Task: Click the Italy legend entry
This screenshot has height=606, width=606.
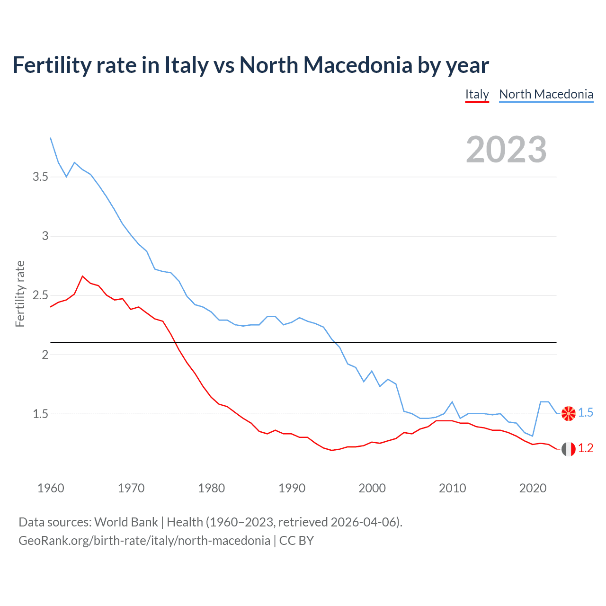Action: click(x=477, y=94)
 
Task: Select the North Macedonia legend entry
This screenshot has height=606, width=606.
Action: click(x=546, y=94)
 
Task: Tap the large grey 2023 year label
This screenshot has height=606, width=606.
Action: click(x=506, y=150)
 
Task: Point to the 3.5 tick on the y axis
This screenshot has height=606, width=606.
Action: click(x=40, y=177)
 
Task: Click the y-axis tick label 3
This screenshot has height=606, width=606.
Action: click(x=45, y=236)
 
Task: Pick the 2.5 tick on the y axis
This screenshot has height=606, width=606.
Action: click(x=40, y=295)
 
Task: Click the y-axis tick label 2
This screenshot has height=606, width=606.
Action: click(x=45, y=355)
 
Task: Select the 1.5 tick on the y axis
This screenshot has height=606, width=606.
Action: click(x=40, y=414)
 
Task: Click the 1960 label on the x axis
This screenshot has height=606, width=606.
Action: click(x=51, y=488)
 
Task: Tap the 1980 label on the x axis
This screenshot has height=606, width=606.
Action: click(x=212, y=488)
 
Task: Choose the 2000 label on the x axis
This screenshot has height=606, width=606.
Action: click(x=372, y=488)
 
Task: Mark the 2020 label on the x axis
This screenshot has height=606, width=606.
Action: click(x=533, y=488)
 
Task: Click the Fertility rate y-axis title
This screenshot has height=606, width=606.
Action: click(x=20, y=294)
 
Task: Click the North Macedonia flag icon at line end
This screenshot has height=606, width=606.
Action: click(x=568, y=413)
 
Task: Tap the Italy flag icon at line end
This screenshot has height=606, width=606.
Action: click(x=568, y=448)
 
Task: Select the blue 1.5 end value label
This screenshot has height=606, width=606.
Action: click(x=586, y=413)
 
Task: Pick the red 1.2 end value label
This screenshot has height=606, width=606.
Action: click(x=586, y=448)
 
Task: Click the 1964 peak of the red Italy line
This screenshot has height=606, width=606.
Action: click(x=82, y=276)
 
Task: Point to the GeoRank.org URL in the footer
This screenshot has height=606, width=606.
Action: click(x=144, y=541)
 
